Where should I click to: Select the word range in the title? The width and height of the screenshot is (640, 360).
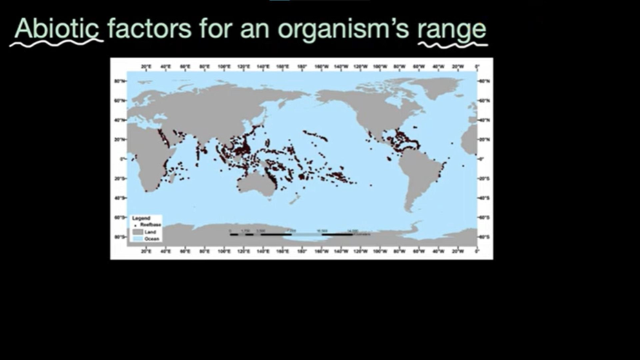click(x=452, y=29)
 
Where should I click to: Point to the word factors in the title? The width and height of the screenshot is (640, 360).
click(x=149, y=28)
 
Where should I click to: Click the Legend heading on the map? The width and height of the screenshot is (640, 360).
click(x=141, y=218)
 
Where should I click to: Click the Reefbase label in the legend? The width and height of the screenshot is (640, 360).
click(x=150, y=225)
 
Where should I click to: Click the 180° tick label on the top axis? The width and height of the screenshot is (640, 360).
click(x=302, y=66)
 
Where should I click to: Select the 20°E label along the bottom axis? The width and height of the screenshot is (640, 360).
click(x=146, y=251)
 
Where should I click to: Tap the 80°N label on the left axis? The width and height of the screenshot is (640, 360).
click(x=119, y=80)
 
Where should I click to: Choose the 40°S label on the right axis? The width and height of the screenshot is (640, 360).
click(x=483, y=198)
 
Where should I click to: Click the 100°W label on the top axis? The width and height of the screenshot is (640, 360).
click(x=380, y=66)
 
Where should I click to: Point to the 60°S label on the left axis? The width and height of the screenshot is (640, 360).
click(x=119, y=217)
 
